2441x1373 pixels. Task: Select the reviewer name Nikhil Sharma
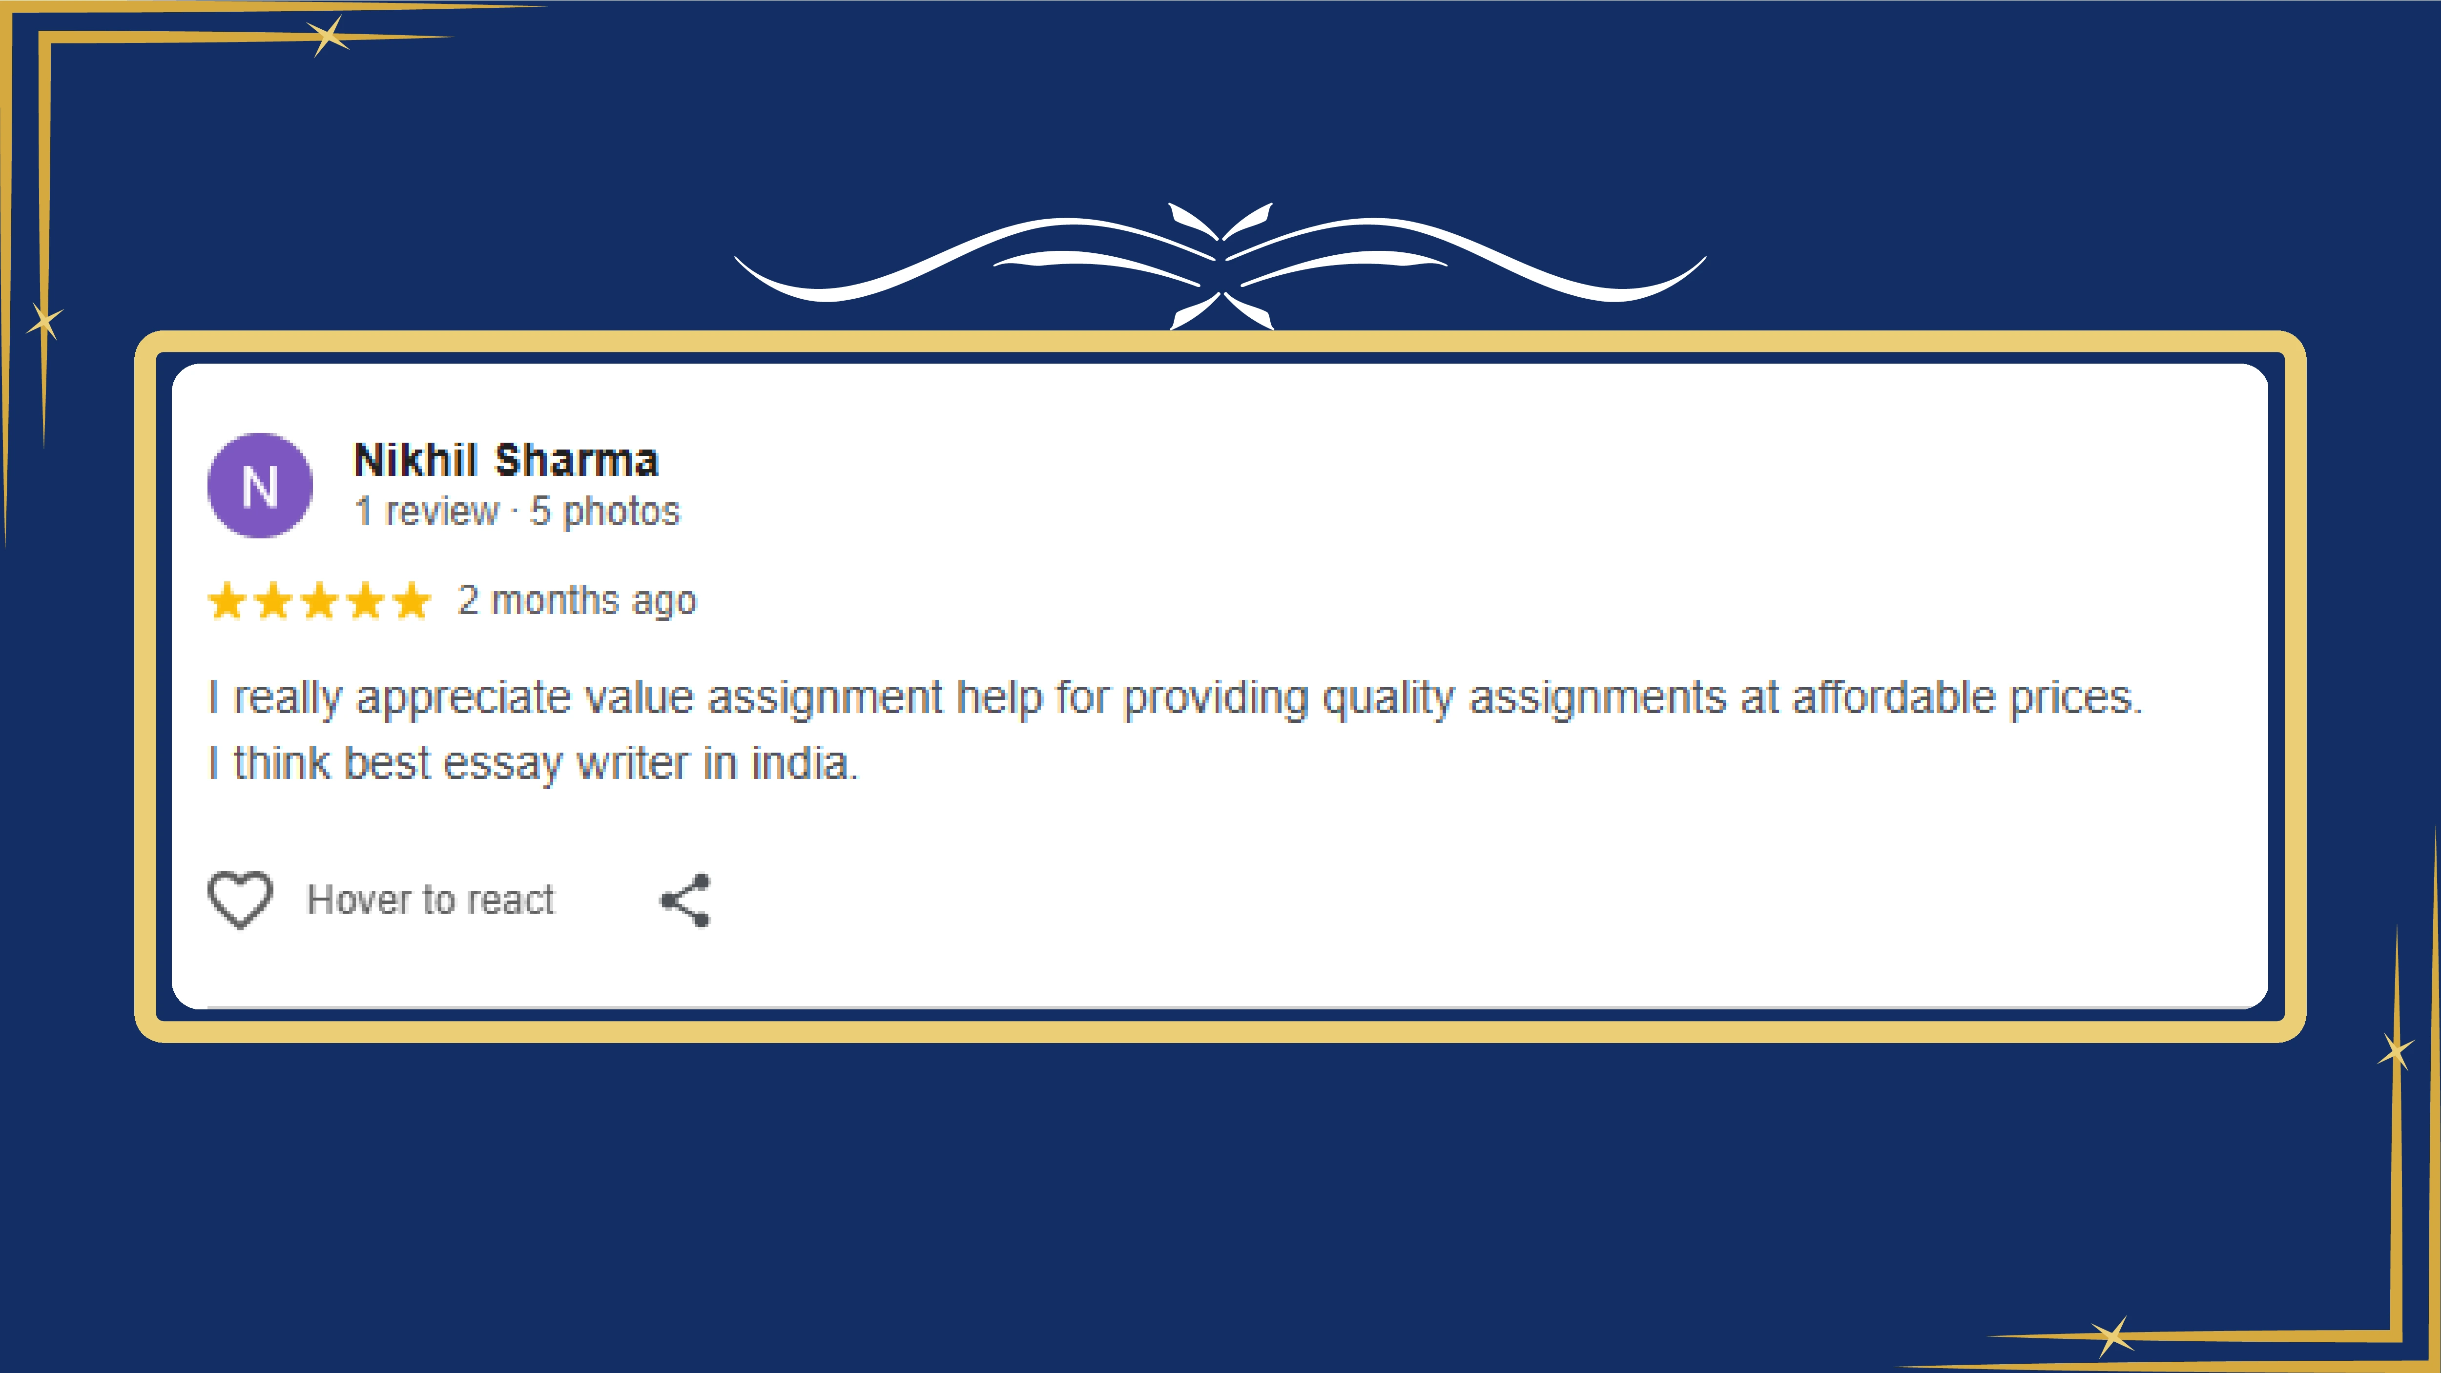coord(506,460)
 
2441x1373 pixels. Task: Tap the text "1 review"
coord(426,512)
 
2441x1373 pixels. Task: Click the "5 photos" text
coord(604,512)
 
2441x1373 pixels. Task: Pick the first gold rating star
coord(228,601)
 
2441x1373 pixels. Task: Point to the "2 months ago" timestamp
coord(577,601)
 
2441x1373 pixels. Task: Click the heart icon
coord(240,899)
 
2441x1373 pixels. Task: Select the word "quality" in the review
coord(1387,698)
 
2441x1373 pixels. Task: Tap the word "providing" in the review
coord(1215,698)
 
